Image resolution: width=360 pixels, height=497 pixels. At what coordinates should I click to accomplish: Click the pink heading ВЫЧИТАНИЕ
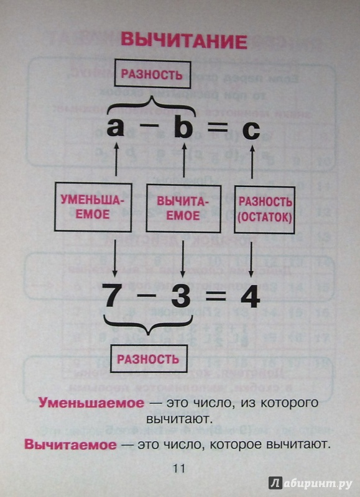point(184,40)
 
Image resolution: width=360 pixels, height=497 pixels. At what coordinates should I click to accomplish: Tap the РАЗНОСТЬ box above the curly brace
point(152,75)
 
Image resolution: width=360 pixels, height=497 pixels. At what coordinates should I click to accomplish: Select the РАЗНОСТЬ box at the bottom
point(149,359)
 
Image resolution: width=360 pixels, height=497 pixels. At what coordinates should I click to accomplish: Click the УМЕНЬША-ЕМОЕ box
point(93,207)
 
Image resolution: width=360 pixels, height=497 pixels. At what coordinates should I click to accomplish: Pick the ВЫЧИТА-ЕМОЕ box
point(183,209)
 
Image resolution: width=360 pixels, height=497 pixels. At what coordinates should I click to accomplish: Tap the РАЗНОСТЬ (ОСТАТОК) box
point(264,210)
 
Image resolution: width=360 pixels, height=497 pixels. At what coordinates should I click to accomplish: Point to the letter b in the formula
point(183,125)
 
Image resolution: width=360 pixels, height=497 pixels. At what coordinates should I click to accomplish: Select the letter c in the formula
point(251,130)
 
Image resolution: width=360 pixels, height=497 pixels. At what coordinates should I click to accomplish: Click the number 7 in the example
point(113,296)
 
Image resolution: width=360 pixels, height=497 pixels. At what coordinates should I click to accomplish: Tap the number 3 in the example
point(181,296)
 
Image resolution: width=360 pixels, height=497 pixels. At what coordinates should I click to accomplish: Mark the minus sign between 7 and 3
point(147,296)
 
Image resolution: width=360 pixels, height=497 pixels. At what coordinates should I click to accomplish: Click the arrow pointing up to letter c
point(252,161)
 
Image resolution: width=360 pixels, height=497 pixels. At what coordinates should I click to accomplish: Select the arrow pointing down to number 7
point(115,257)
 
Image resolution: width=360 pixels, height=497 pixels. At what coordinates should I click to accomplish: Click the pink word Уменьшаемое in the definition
point(91,403)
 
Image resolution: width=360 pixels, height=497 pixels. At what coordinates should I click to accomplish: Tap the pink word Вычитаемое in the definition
point(70,444)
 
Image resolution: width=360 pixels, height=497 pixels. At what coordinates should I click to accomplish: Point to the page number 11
point(178,468)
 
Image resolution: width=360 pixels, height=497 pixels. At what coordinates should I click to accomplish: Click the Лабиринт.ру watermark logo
point(310,483)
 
